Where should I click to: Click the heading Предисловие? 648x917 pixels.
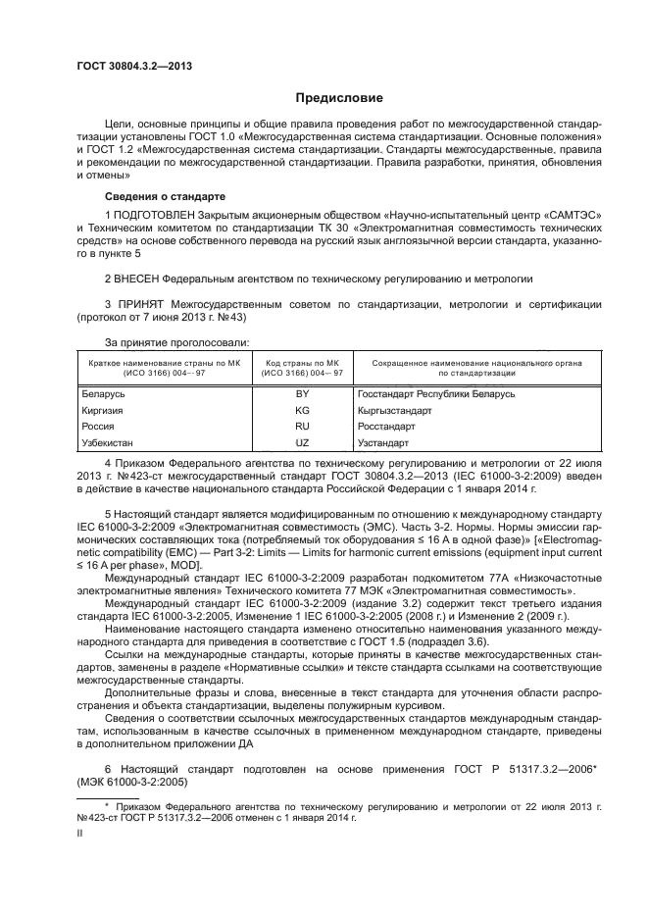pos(332,98)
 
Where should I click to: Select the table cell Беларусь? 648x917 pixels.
pos(101,393)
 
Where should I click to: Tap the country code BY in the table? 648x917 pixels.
pos(302,393)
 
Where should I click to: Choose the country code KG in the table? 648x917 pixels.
pos(302,410)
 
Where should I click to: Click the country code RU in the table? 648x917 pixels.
pos(302,427)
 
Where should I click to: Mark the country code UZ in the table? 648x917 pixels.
pos(302,443)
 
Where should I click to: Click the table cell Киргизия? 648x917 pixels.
pos(101,410)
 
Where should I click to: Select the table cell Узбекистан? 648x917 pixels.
pos(107,443)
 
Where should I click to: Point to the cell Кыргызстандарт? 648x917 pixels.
pos(395,410)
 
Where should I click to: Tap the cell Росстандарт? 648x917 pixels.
pos(388,427)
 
